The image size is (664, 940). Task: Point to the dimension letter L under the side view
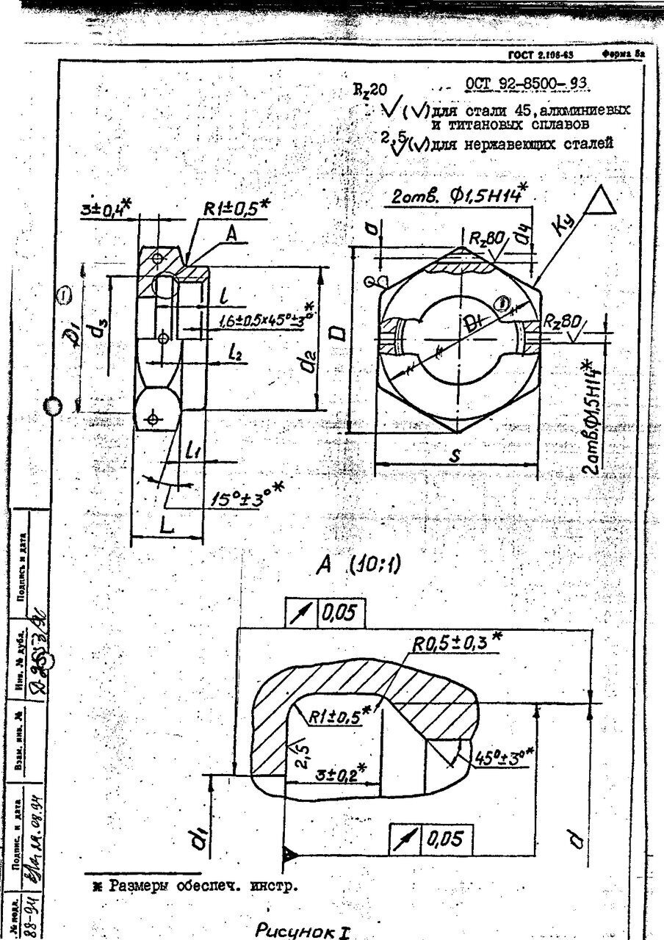(167, 527)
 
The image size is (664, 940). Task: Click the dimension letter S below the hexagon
(455, 456)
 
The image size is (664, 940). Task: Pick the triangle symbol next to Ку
(602, 203)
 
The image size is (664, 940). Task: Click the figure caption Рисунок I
(302, 931)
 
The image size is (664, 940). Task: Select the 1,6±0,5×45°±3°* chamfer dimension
(266, 320)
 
